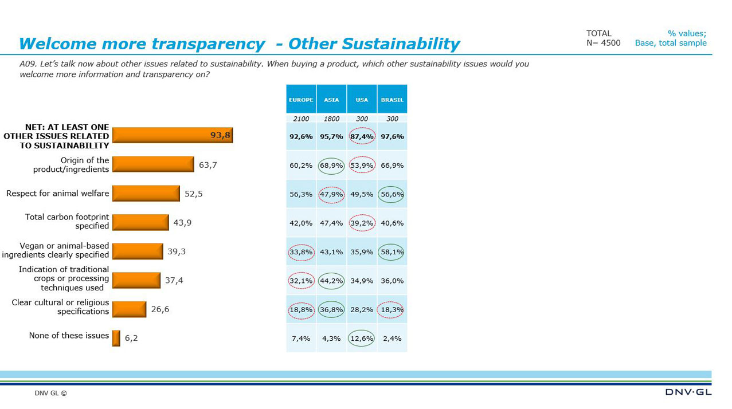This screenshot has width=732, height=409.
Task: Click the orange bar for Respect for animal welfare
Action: [x=146, y=194]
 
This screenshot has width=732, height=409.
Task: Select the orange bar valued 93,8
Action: [x=172, y=135]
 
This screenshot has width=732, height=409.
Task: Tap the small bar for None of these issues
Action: [x=116, y=338]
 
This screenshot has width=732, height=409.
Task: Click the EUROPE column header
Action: [x=301, y=100]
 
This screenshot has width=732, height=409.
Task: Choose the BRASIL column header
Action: [x=392, y=100]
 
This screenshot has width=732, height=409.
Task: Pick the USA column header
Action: [x=362, y=100]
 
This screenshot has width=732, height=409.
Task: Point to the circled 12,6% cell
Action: [x=362, y=339]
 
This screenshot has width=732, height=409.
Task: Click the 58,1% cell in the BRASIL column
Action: [x=392, y=252]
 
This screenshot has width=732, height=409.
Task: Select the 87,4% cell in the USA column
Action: [x=362, y=137]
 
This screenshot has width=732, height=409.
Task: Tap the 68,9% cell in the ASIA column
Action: [x=331, y=166]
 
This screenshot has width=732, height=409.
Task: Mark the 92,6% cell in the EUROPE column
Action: [x=301, y=137]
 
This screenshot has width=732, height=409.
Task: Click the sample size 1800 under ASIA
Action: [x=331, y=119]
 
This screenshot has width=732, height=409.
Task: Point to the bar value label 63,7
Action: [x=208, y=165]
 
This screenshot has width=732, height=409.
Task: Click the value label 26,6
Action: [x=160, y=309]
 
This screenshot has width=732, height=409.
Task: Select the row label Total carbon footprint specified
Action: [x=67, y=222]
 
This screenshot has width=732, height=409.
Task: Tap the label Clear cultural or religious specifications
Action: [x=60, y=307]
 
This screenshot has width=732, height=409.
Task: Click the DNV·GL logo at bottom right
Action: [x=688, y=392]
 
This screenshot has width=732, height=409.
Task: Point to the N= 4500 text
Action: [x=603, y=43]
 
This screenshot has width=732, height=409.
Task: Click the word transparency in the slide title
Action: [x=208, y=44]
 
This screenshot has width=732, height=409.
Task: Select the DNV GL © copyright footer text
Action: [x=50, y=394]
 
